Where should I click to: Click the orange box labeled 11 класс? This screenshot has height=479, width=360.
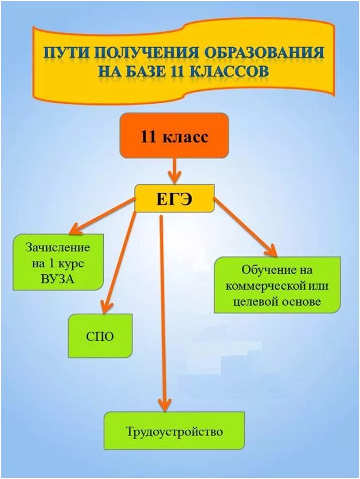174,136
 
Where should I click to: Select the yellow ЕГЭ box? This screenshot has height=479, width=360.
174,199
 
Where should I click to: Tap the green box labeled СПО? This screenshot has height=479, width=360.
100,336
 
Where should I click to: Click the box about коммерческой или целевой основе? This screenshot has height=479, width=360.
277,285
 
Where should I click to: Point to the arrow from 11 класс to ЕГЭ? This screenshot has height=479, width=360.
174,171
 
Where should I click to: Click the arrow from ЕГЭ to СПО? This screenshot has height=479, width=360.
119,258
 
